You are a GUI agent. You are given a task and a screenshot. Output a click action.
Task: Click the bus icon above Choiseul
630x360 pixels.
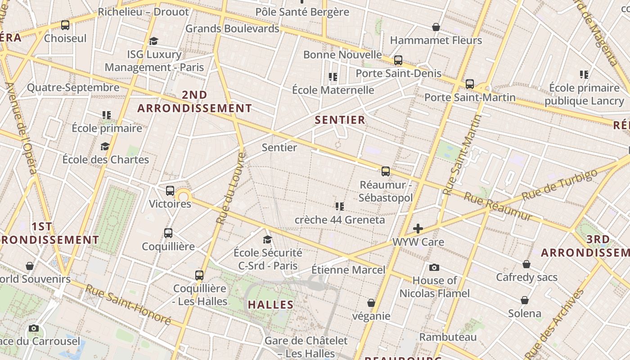click(x=65, y=25)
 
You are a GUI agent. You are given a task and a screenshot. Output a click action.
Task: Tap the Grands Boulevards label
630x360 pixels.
click(x=232, y=28)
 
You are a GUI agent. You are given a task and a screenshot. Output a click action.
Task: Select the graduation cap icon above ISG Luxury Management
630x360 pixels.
click(x=153, y=41)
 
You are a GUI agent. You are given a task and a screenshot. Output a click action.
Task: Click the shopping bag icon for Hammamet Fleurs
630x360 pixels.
click(x=436, y=27)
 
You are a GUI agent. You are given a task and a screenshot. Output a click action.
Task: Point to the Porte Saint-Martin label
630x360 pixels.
click(x=470, y=97)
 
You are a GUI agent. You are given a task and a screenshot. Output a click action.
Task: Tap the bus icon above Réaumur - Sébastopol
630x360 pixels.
click(x=386, y=171)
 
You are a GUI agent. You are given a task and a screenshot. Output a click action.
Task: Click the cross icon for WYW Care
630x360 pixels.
click(x=418, y=229)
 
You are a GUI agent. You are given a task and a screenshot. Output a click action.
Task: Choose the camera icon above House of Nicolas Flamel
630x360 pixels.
click(x=434, y=268)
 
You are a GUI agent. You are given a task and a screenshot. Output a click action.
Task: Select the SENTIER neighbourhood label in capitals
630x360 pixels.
click(x=340, y=120)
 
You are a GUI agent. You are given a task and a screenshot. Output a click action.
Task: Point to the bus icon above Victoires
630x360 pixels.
click(x=170, y=191)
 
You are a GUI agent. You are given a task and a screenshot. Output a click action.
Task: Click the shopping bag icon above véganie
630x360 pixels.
click(x=371, y=303)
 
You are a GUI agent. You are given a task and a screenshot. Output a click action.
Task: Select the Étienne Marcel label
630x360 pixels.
click(x=348, y=270)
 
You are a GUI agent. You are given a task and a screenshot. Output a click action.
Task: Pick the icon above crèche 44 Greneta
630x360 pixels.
click(x=339, y=207)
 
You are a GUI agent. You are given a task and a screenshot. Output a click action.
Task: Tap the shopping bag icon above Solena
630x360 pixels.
click(x=525, y=300)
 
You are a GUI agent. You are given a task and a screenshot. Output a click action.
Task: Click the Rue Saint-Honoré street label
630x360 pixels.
click(x=128, y=305)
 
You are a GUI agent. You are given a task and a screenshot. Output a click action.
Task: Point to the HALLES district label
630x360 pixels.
click(x=270, y=305)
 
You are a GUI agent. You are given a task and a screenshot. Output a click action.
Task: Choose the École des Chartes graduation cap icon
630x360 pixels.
click(x=105, y=147)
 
